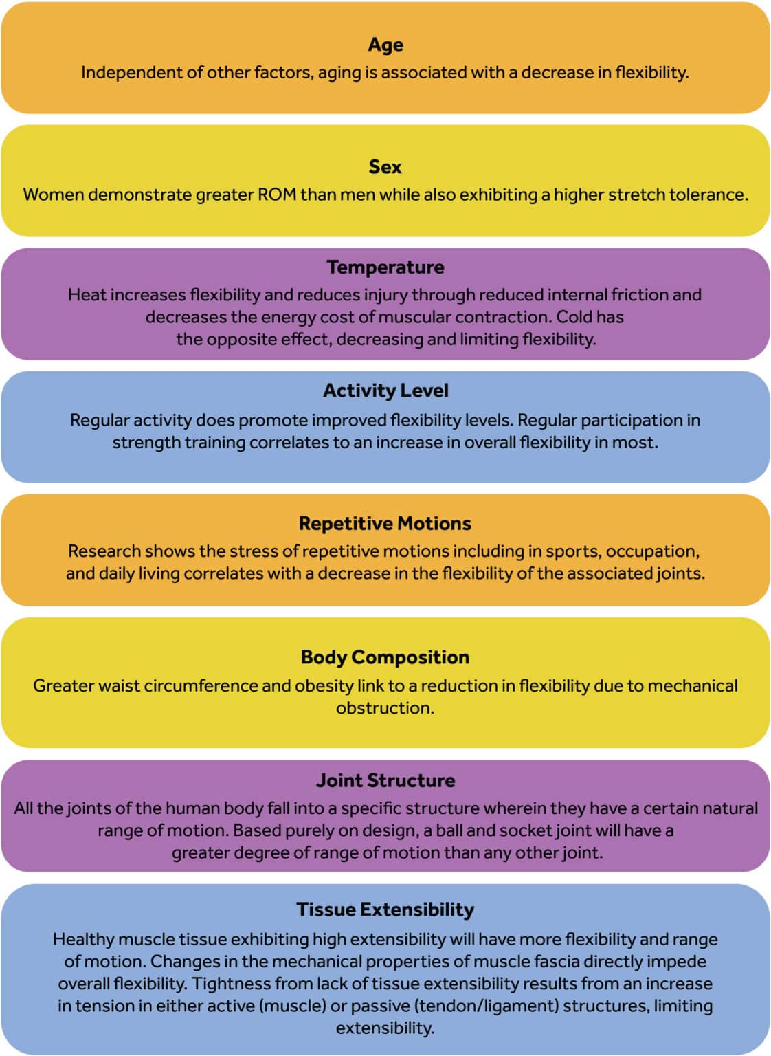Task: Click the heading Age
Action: click(385, 45)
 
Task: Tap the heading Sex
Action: click(385, 167)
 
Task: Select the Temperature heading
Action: click(385, 267)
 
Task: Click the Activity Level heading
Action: click(385, 390)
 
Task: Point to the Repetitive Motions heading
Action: click(385, 523)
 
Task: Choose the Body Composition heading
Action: click(385, 657)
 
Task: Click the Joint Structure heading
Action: click(385, 780)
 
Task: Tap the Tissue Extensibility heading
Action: click(385, 910)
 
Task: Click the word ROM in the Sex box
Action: click(277, 195)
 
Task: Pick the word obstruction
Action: click(385, 707)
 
